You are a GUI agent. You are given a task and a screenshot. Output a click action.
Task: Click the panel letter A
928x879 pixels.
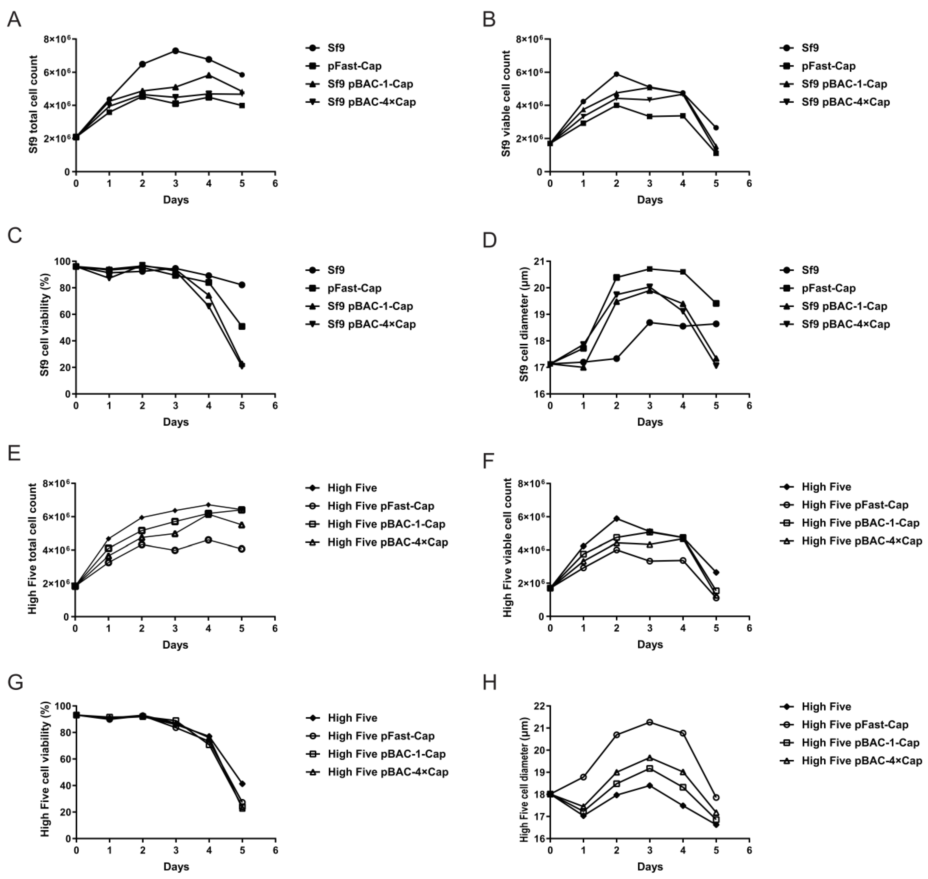pos(14,20)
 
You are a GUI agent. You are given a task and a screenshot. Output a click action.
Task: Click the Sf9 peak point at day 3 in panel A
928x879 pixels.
pos(175,51)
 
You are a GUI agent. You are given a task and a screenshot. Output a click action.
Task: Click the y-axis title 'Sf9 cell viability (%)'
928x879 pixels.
pos(44,327)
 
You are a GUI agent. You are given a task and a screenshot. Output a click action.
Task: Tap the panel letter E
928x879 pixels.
pos(14,454)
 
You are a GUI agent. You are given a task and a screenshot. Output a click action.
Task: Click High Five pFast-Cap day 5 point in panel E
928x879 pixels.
pos(242,549)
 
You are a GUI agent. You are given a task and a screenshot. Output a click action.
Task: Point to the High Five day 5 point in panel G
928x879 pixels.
pos(242,783)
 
